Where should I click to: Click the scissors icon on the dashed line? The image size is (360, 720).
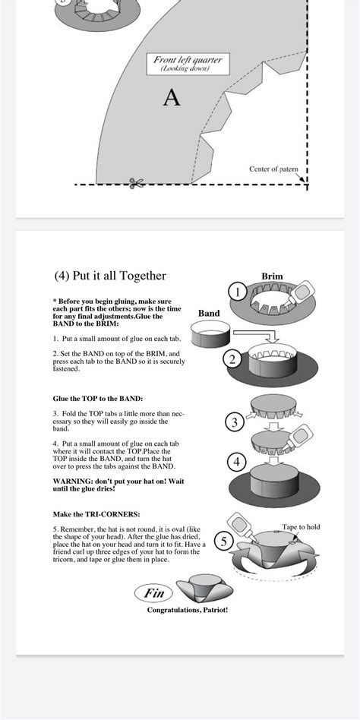click(137, 183)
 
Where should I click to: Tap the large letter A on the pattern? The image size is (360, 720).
click(172, 98)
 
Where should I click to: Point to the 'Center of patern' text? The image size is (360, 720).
click(274, 169)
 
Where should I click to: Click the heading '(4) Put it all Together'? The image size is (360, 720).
click(110, 276)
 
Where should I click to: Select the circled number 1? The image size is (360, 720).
click(238, 292)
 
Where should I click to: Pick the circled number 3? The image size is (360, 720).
click(235, 422)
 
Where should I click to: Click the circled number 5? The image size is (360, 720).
click(224, 542)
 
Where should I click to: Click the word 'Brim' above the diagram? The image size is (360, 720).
click(272, 276)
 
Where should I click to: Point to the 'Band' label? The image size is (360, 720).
click(209, 313)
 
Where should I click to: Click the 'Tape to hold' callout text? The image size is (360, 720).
click(301, 526)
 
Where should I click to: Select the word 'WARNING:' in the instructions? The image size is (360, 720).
click(71, 481)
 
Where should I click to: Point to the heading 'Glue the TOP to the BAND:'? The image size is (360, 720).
click(97, 398)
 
